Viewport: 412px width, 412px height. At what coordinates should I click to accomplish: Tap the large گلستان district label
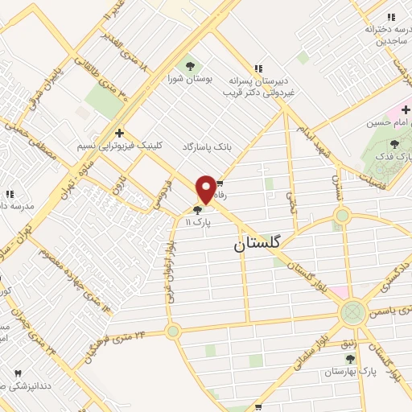[260, 242]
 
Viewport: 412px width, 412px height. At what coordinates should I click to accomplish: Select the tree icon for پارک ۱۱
[197, 210]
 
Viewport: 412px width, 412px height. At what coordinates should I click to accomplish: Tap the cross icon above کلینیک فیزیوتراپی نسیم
[120, 134]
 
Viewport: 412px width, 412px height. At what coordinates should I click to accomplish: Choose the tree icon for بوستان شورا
[191, 65]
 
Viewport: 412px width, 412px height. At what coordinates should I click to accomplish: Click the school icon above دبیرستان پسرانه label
[258, 68]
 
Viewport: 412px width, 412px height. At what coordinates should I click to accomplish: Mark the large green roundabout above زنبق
[352, 311]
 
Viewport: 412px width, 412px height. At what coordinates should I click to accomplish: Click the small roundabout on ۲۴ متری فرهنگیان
[172, 331]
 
